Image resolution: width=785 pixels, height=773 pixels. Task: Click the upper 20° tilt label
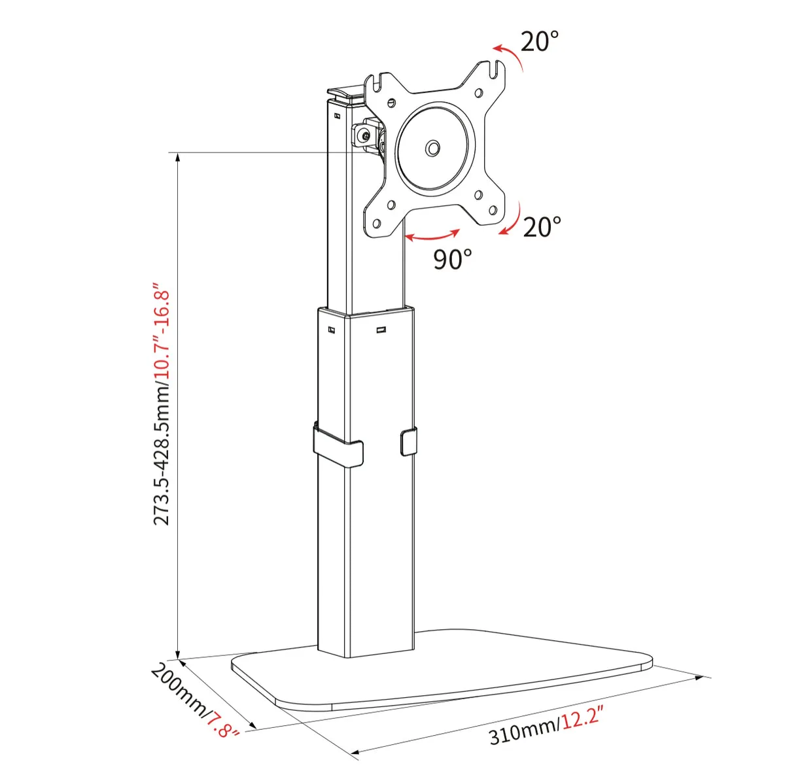point(540,42)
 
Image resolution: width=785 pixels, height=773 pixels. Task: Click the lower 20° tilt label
point(542,227)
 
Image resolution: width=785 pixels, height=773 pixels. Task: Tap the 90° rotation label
point(452,259)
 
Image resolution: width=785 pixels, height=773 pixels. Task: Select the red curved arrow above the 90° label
point(432,234)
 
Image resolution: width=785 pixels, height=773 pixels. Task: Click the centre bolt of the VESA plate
point(432,148)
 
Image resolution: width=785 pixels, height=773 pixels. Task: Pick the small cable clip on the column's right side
point(407,441)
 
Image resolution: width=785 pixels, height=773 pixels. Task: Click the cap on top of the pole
point(345,95)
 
